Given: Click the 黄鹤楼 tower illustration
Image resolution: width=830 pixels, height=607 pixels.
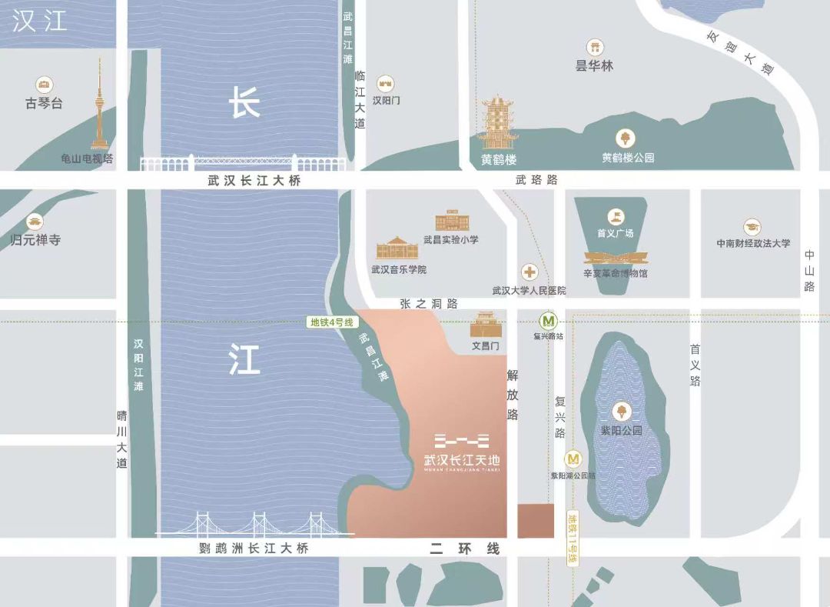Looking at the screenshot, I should [x=498, y=122].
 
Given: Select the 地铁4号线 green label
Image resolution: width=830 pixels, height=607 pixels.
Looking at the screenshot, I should [x=331, y=322].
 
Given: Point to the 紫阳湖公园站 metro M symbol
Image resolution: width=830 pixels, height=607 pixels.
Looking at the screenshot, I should [x=573, y=459].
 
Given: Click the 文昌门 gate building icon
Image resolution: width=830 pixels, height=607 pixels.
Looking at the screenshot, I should [x=486, y=325].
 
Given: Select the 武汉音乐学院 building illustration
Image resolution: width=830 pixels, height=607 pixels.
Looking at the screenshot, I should [x=397, y=248].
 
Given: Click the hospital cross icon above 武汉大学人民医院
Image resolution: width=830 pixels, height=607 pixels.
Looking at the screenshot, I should [x=530, y=272].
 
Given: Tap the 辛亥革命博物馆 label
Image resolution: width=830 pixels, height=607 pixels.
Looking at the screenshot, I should [x=616, y=273].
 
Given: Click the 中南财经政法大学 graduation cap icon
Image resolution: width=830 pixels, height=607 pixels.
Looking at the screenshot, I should [x=752, y=227].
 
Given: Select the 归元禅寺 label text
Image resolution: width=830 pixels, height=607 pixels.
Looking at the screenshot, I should [x=35, y=240].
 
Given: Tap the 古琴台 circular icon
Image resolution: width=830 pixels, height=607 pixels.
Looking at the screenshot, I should [x=44, y=85].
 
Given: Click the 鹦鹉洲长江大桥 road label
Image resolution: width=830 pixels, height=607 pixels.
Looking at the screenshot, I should [x=253, y=549].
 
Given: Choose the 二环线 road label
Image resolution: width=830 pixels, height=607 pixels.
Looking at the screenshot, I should [x=464, y=549].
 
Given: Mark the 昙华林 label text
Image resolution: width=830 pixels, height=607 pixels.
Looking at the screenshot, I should [x=595, y=66].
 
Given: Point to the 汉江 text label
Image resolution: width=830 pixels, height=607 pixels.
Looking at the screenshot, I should [x=40, y=21].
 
